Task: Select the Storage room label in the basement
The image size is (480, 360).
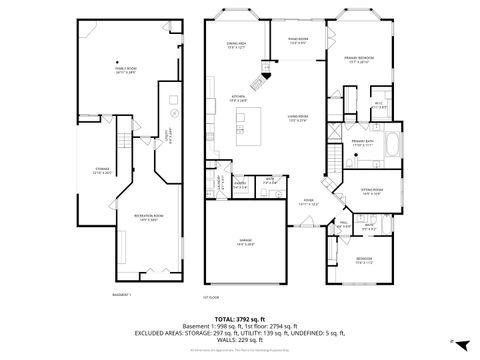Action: (x=102, y=171)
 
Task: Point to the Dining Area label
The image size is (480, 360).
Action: (x=236, y=46)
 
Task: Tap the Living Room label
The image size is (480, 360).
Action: (x=297, y=119)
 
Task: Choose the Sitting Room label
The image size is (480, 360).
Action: (x=372, y=192)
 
